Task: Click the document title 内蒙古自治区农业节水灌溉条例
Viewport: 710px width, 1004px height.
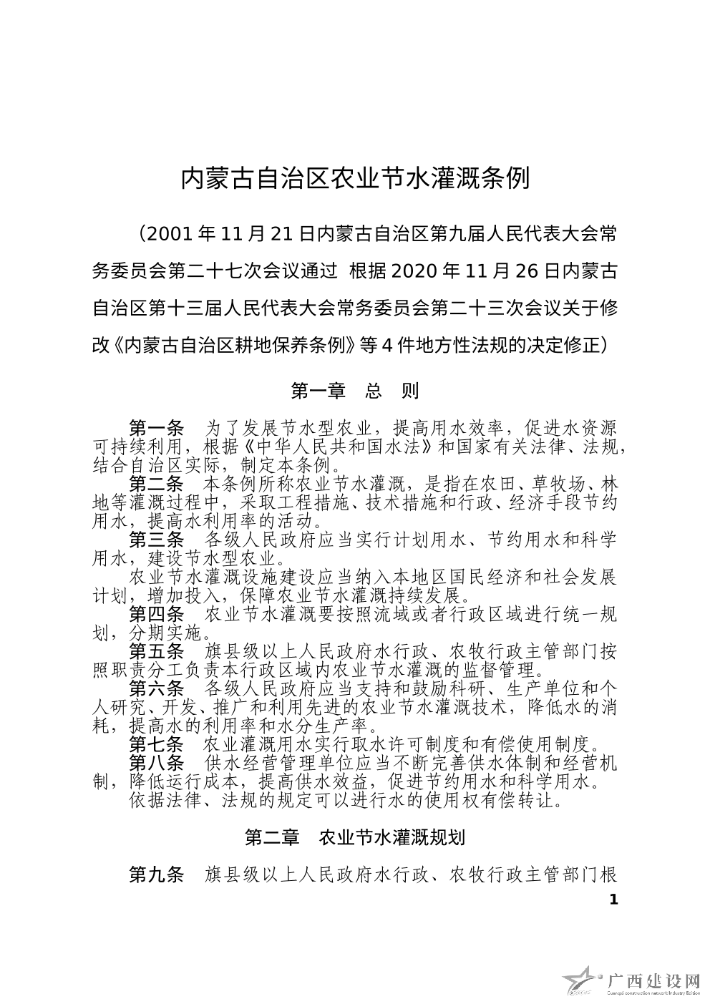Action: coord(354,179)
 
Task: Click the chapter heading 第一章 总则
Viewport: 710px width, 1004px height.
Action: coord(354,391)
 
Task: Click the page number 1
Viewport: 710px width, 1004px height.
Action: coord(612,900)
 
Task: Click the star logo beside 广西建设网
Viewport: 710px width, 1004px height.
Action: coord(581,982)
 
